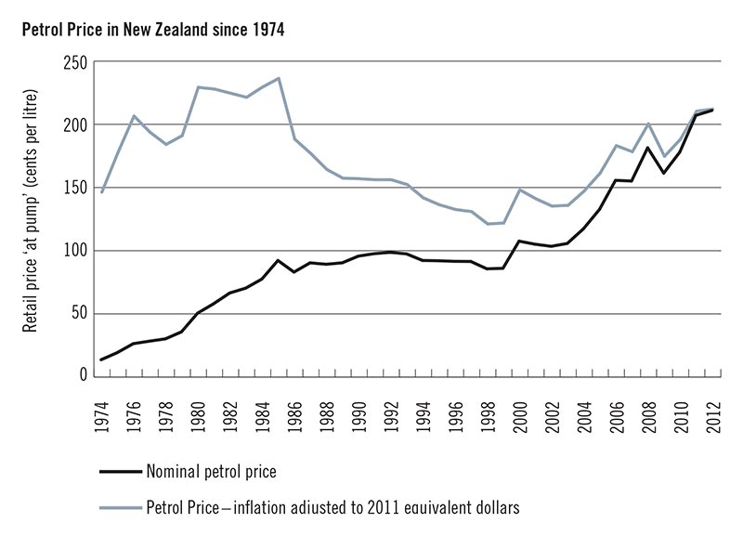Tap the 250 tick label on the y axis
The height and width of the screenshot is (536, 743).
coord(74,62)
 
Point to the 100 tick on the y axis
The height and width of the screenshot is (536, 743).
coord(74,251)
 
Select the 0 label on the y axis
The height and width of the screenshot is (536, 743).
coord(82,376)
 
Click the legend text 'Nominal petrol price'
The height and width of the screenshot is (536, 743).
coord(211,471)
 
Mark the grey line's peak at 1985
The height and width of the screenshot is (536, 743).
coord(279,78)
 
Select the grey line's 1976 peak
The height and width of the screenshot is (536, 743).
coord(134,116)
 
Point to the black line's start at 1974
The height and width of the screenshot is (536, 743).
coord(101,360)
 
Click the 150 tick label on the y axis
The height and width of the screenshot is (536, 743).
coord(74,188)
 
